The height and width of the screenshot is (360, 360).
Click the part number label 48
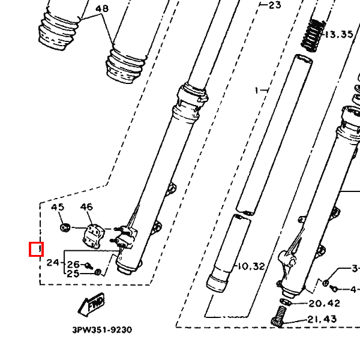102,9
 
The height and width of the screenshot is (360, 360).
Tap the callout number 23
275,5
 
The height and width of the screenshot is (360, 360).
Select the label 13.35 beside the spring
339,34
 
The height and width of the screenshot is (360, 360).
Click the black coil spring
313,35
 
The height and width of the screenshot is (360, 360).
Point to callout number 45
58,207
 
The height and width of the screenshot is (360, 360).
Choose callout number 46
86,207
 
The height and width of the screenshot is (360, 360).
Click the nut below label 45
65,227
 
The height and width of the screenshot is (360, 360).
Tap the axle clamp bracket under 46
93,236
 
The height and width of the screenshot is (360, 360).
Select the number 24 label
53,262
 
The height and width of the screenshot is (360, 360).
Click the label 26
73,265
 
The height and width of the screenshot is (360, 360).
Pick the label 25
73,274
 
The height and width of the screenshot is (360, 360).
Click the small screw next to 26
89,266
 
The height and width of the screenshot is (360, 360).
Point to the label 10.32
251,266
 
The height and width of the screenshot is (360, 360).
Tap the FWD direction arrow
92,304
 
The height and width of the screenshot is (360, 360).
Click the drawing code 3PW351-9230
102,330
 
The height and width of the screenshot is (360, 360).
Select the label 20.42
324,304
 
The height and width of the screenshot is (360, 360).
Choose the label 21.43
322,319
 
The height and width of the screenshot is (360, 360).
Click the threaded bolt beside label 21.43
279,316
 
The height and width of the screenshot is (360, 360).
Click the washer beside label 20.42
286,302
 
